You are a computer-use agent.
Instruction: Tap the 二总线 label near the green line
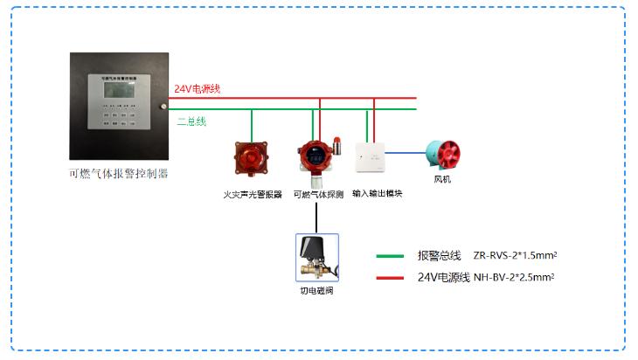(x=191, y=121)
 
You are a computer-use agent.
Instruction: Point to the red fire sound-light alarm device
(x=252, y=157)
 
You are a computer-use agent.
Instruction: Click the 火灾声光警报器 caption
(x=253, y=195)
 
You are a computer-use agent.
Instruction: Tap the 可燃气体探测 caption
(x=318, y=195)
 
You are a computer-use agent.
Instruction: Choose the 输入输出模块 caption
(x=378, y=194)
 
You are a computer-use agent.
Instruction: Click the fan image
(x=444, y=154)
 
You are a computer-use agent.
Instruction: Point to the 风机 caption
(x=443, y=180)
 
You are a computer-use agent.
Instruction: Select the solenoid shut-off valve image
(x=316, y=254)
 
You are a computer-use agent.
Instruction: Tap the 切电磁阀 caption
(x=316, y=291)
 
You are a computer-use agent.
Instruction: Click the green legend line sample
(x=390, y=256)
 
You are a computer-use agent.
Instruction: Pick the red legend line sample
(x=390, y=277)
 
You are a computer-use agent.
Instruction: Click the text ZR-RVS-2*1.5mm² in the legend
(x=515, y=255)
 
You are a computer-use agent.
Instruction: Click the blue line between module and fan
(x=405, y=151)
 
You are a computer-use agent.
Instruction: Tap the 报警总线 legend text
(x=439, y=255)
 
